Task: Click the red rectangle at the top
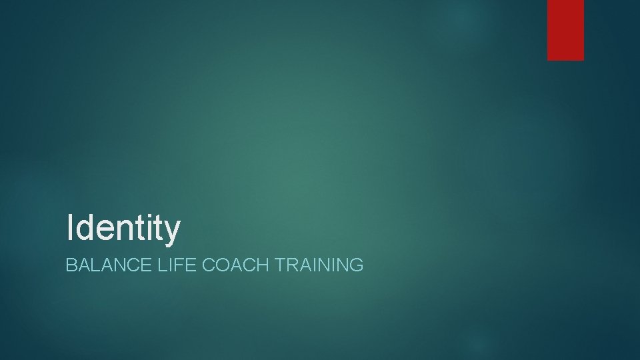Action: coord(565,29)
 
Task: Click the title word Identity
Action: coord(123,227)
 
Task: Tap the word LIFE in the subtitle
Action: coord(172,265)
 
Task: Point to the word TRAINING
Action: coord(319,265)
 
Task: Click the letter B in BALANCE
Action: coord(71,265)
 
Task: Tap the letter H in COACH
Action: coord(261,265)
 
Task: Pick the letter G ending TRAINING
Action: coord(357,265)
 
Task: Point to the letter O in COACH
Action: coord(221,265)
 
